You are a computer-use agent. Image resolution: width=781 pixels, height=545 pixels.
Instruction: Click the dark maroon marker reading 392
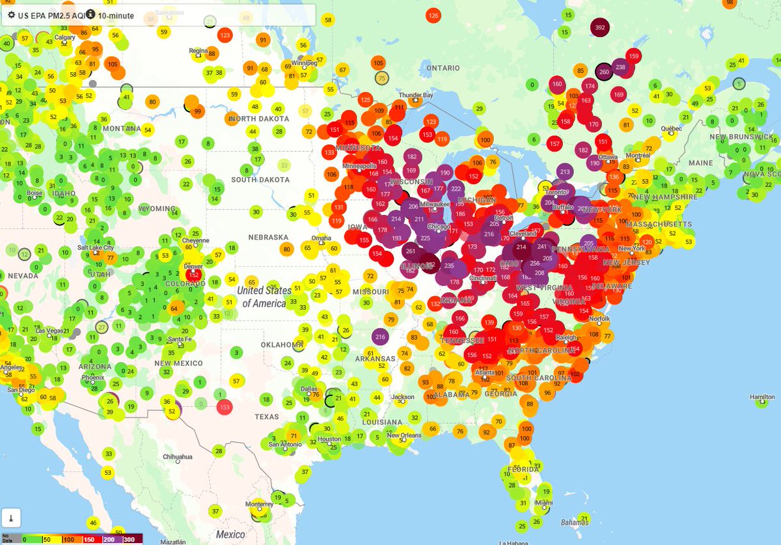coord(600,28)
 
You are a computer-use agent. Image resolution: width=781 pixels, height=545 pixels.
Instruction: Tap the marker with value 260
coord(604,72)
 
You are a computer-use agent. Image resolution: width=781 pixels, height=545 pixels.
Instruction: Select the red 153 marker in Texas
coord(225,407)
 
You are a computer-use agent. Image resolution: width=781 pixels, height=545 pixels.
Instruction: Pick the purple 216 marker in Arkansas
coord(381,337)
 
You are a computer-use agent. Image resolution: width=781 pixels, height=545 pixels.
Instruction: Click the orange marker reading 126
coord(433,16)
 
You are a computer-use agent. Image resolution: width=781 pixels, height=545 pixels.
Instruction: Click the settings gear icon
coord(11,14)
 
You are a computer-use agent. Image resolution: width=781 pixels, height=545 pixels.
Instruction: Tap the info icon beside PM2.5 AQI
coord(90,14)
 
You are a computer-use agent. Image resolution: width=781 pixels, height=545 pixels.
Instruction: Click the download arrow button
coord(11,518)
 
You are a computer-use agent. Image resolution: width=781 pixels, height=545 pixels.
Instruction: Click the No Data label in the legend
coord(7,538)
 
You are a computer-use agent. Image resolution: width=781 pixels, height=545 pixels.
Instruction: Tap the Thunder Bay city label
coord(415,96)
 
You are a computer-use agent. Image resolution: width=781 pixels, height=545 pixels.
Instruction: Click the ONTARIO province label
coord(443,68)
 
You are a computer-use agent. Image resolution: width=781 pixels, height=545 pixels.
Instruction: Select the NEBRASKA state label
coord(267,237)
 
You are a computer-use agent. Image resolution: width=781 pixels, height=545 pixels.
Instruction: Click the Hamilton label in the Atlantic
coord(762,397)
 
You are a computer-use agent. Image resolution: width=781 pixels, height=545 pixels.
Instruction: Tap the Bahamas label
coord(575,523)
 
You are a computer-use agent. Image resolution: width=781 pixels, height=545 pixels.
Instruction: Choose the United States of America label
coord(264,297)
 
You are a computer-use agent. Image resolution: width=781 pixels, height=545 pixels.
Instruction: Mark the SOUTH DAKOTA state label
coord(260,180)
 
